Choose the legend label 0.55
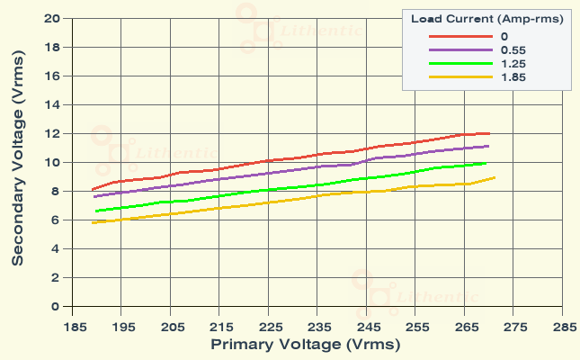click(x=513, y=50)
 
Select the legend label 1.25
click(x=513, y=64)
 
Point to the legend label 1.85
click(x=513, y=78)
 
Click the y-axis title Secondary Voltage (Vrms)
click(x=18, y=162)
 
